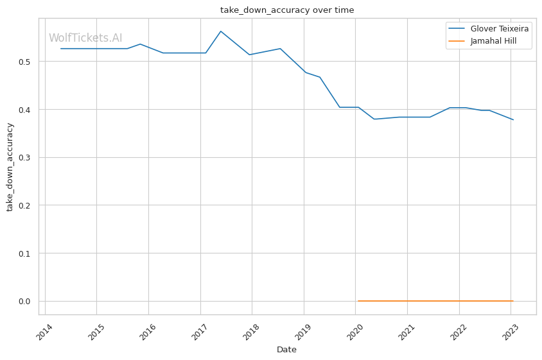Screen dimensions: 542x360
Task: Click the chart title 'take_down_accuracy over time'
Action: point(287,10)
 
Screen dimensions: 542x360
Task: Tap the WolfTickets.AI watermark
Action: point(85,38)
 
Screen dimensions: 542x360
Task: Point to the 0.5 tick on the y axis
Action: point(25,62)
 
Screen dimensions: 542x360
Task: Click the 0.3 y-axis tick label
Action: point(25,158)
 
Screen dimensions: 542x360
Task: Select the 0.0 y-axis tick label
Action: point(25,301)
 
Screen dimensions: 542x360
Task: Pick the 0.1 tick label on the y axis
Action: point(25,253)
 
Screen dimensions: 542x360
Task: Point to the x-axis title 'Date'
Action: point(286,350)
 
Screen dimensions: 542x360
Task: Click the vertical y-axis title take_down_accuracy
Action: point(10,167)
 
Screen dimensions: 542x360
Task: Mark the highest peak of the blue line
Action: point(221,31)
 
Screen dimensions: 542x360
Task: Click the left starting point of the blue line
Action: point(61,49)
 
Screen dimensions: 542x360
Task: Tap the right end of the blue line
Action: point(513,119)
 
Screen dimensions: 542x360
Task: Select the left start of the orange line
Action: point(358,301)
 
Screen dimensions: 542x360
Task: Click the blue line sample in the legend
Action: point(457,29)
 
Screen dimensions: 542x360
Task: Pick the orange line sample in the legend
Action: point(457,41)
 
